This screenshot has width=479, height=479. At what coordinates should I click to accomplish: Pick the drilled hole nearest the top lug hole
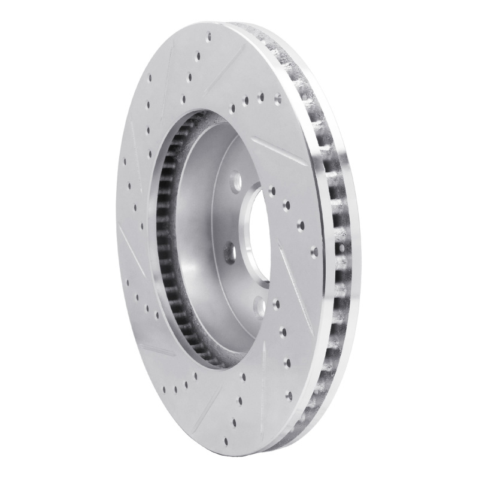click(273, 190)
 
